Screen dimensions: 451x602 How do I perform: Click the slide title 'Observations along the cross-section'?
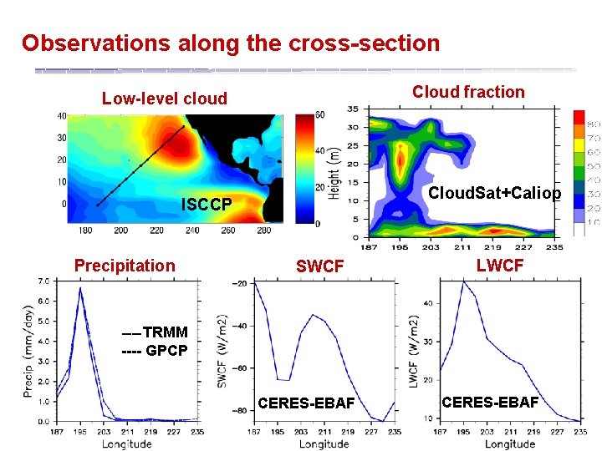[231, 43]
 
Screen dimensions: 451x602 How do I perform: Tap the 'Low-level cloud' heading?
[165, 99]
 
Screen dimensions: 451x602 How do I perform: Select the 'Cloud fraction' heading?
[468, 92]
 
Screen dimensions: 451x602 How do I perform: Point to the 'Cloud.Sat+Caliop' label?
[494, 193]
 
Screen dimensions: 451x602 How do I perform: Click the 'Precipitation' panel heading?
[125, 266]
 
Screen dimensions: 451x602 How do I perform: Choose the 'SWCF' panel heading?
[320, 266]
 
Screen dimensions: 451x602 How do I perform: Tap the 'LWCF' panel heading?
[500, 266]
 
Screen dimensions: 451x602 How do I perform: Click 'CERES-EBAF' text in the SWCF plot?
[307, 404]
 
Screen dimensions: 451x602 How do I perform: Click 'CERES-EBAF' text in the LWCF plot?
[490, 403]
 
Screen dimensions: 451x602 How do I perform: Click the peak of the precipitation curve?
[80, 288]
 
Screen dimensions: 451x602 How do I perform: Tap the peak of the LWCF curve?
[464, 281]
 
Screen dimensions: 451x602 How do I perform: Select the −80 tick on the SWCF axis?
[241, 410]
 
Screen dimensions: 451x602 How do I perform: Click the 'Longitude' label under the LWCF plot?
[511, 443]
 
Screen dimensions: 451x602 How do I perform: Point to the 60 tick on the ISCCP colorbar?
[319, 114]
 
